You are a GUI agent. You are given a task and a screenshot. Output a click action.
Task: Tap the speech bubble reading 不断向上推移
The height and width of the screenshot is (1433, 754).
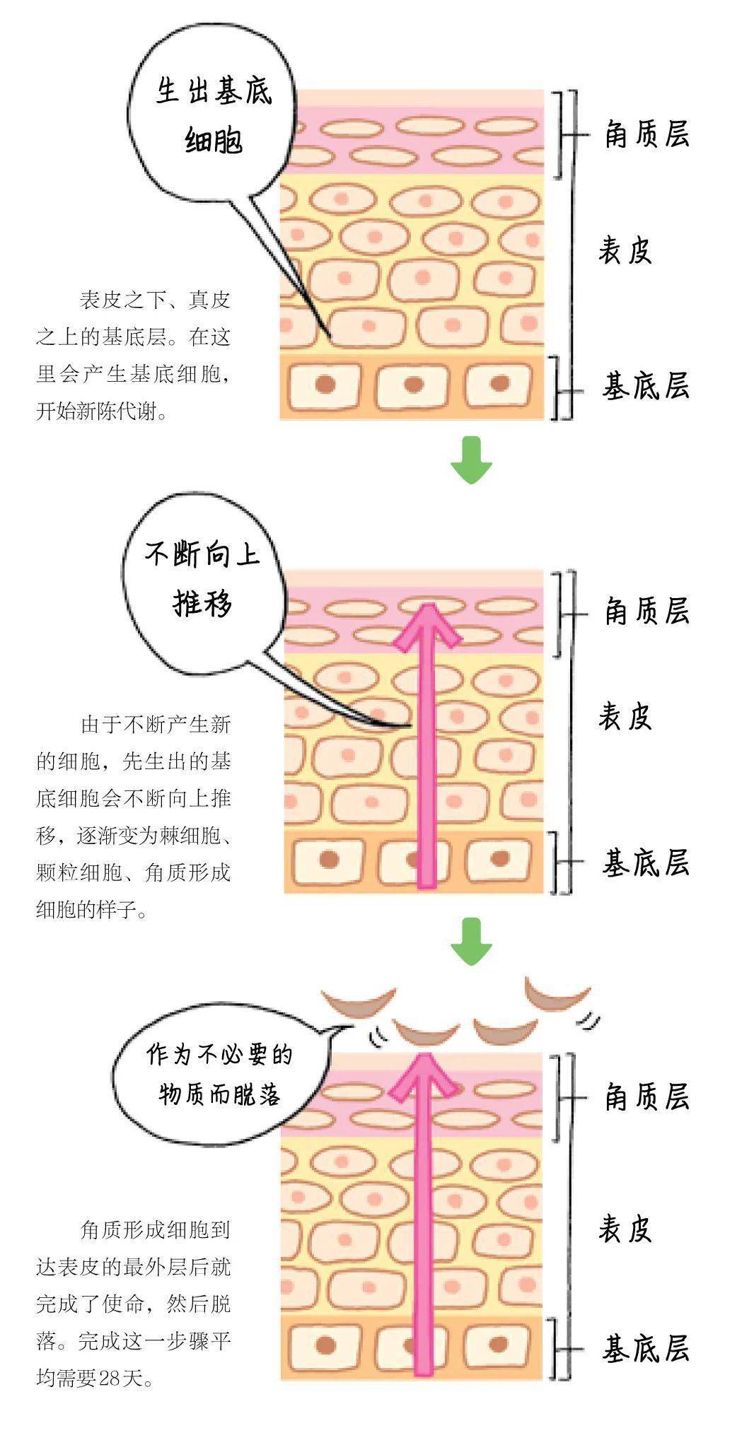202,580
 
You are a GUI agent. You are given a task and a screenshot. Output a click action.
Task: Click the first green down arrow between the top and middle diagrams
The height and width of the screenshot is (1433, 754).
471,460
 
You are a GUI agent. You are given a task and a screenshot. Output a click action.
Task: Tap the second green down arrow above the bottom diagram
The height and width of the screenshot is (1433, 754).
471,940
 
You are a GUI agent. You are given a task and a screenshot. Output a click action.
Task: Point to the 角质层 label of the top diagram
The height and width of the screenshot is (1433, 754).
646,134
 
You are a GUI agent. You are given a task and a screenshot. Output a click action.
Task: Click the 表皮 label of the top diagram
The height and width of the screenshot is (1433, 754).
625,250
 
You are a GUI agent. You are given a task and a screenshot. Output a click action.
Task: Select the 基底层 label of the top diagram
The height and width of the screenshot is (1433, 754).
646,386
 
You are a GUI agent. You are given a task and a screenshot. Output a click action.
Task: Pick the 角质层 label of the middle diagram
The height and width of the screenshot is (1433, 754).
646,611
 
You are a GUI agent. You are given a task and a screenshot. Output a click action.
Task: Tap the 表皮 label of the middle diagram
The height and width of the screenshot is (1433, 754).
625,716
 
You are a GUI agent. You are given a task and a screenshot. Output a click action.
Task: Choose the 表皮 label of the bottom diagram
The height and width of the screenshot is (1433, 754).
625,1230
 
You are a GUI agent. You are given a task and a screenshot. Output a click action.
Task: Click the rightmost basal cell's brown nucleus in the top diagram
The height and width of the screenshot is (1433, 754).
500,384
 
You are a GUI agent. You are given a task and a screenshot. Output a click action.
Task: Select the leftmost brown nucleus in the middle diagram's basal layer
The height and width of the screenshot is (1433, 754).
329,860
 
